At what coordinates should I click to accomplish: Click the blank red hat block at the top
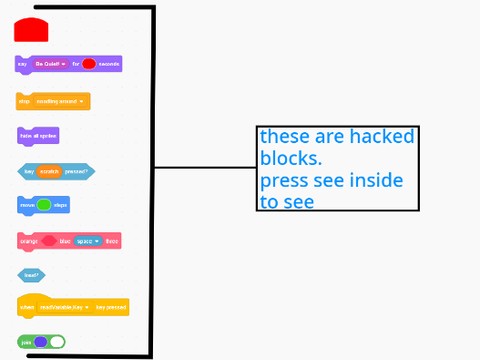31,30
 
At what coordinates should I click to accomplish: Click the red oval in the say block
89,64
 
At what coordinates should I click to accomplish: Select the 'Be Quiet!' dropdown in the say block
50,64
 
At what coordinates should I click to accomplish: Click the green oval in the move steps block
44,205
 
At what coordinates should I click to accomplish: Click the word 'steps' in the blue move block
61,205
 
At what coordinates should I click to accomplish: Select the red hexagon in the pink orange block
49,241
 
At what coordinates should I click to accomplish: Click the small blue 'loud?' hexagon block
31,274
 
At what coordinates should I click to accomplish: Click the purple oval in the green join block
40,342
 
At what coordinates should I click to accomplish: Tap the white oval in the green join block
57,342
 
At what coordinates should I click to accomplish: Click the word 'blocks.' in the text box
291,159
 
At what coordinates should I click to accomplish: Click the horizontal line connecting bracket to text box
204,168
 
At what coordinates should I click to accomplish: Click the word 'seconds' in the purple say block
108,64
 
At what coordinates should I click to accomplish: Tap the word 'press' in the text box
284,181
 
